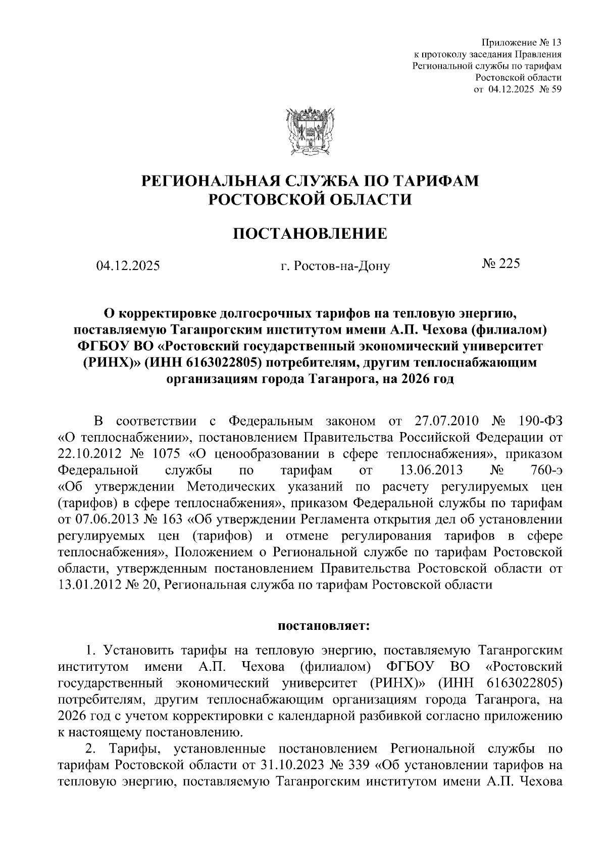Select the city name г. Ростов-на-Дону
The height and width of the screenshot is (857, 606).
335,265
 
